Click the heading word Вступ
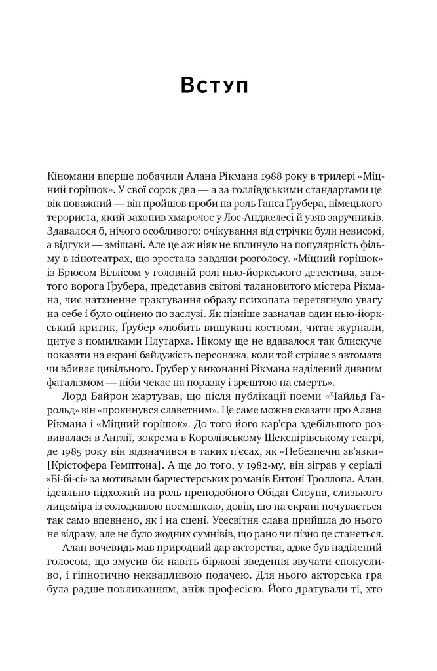pos(214,85)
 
